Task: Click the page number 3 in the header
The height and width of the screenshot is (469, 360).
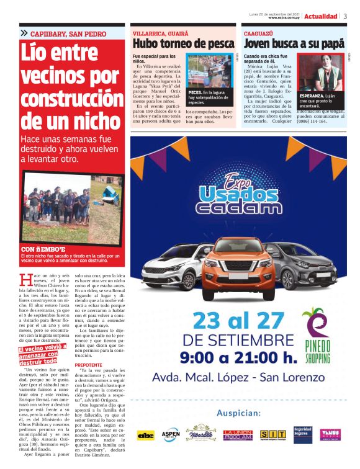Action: (344, 16)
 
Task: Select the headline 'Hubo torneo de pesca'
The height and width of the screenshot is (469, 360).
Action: (184, 44)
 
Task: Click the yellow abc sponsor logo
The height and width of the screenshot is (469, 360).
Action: (146, 435)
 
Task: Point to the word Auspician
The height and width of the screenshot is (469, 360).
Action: (238, 413)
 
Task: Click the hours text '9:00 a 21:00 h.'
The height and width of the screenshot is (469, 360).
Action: (238, 358)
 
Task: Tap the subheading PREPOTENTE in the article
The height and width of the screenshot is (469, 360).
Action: (88, 365)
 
